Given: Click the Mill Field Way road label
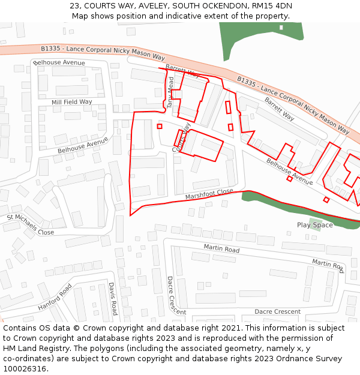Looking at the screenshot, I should pyautogui.click(x=72, y=102).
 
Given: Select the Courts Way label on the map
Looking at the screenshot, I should pyautogui.click(x=181, y=138).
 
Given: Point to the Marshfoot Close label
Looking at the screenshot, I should pyautogui.click(x=209, y=194).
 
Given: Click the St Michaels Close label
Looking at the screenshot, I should pyautogui.click(x=30, y=224).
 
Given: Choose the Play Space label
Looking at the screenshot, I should pyautogui.click(x=314, y=225).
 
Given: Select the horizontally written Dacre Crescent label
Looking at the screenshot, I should pyautogui.click(x=277, y=311).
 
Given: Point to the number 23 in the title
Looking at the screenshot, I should pyautogui.click(x=74, y=6).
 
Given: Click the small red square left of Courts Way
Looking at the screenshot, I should pyautogui.click(x=160, y=126).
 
